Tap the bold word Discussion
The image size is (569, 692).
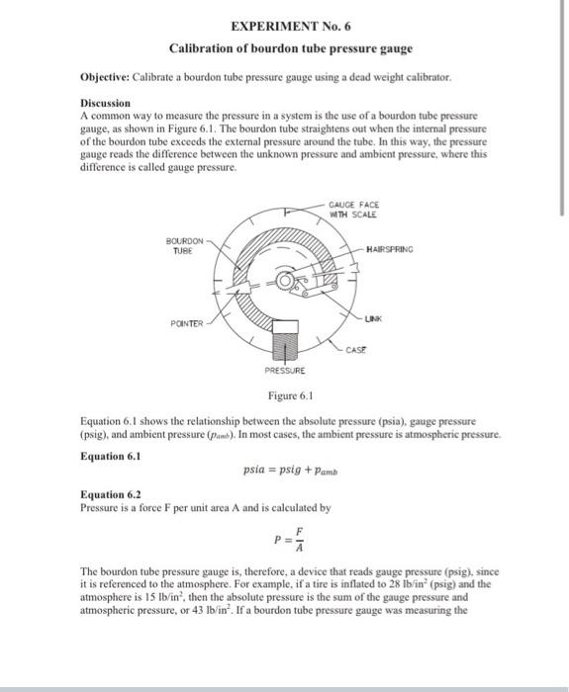pos(105,103)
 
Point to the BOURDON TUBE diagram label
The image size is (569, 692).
pos(186,244)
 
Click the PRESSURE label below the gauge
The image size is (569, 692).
pos(284,371)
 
